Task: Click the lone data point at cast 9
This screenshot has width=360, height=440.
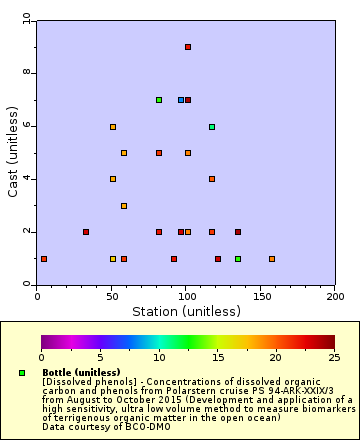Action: [188, 47]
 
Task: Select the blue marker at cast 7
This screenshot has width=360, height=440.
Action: [181, 100]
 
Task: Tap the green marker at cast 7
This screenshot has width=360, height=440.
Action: [158, 100]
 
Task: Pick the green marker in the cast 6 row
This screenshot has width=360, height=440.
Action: [212, 127]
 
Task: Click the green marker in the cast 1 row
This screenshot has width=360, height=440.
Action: [238, 259]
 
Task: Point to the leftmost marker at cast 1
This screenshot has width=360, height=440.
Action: [44, 259]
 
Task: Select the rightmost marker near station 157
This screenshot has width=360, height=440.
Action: [272, 259]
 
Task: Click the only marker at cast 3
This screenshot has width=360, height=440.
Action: [124, 206]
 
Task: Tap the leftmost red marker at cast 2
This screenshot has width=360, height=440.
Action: [86, 232]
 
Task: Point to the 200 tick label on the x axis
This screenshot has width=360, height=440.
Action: [335, 296]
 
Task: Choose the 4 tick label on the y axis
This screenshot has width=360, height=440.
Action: [28, 179]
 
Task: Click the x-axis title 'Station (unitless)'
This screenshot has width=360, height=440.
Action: [186, 311]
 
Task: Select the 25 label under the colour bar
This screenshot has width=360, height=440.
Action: [334, 357]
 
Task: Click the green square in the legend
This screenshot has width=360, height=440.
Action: [22, 373]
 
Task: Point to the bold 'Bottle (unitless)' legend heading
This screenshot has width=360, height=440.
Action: [82, 372]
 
